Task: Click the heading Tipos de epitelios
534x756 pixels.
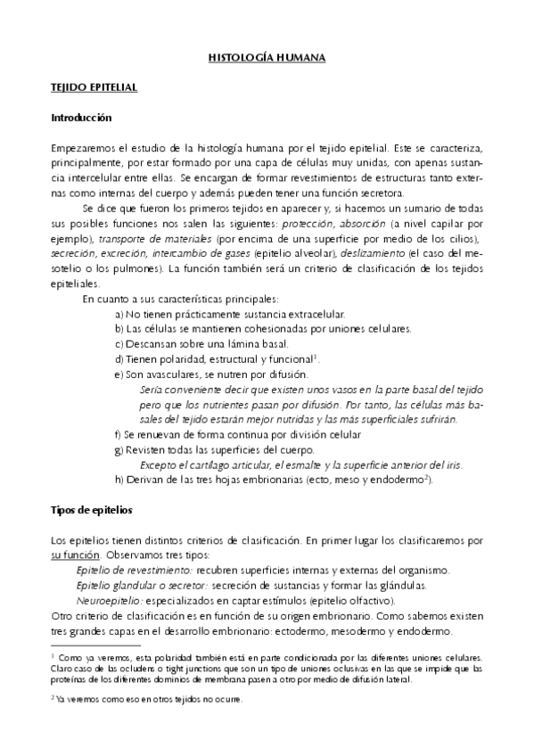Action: point(91,511)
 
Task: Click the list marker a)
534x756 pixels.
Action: point(120,315)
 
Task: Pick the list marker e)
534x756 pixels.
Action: point(120,374)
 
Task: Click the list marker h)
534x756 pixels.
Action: point(120,480)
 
